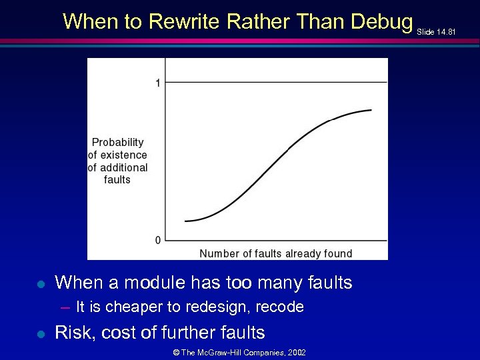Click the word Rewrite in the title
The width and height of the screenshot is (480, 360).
click(x=185, y=22)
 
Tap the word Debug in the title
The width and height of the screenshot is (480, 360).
click(x=382, y=22)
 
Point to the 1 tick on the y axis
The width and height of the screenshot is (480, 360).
click(x=157, y=83)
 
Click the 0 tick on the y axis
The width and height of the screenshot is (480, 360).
click(x=158, y=240)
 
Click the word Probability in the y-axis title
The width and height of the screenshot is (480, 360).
click(x=118, y=142)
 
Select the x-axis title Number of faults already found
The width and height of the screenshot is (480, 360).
click(x=276, y=253)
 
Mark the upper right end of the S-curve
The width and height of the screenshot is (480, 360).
click(x=371, y=110)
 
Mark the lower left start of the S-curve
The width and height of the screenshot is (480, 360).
click(x=185, y=221)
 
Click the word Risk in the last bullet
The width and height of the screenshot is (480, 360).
click(x=72, y=333)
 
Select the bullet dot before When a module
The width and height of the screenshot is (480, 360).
click(x=41, y=284)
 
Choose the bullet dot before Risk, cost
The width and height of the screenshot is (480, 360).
click(x=41, y=333)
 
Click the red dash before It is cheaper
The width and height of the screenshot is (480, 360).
click(x=65, y=307)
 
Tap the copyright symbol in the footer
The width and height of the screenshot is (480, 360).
click(x=175, y=352)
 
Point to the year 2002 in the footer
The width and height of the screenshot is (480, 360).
click(x=297, y=352)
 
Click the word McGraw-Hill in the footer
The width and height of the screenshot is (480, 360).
click(x=220, y=352)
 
